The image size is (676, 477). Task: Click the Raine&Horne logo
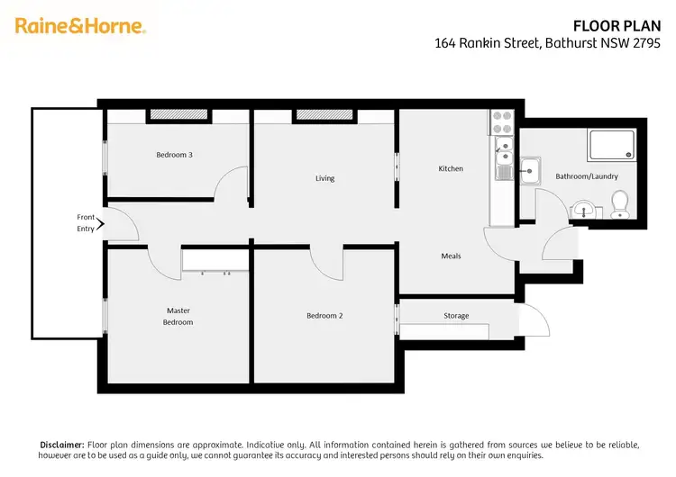tap(80, 26)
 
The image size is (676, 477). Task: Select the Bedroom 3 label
tap(174, 155)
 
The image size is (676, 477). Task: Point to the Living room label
tap(324, 178)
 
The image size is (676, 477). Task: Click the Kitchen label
tap(451, 168)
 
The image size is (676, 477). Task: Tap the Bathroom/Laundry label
tap(587, 176)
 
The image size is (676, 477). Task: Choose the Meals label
tap(451, 256)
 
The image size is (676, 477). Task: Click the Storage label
tap(456, 316)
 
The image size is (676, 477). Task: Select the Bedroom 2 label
tap(324, 316)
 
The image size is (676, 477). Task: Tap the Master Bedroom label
tap(178, 316)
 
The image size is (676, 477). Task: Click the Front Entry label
tap(86, 223)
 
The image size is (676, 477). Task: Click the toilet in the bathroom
tap(619, 205)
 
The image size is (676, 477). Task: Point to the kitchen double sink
tap(503, 157)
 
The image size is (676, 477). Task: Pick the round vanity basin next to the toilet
tap(587, 211)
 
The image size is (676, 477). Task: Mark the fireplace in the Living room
tap(324, 115)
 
